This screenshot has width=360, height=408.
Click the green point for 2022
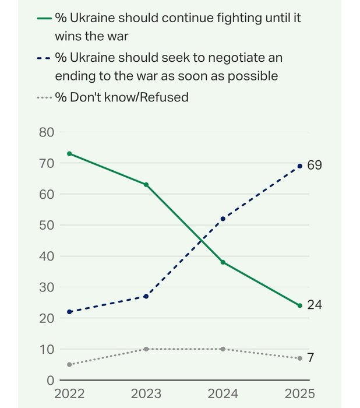(69, 153)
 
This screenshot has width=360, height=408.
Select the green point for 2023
(146, 184)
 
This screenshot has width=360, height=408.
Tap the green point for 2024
(223, 262)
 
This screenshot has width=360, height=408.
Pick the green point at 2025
(300, 305)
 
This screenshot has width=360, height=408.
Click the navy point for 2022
(69, 312)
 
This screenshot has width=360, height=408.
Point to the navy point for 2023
(146, 296)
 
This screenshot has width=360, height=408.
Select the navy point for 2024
(223, 219)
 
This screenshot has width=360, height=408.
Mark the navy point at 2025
(300, 166)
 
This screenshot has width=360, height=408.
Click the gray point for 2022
(69, 364)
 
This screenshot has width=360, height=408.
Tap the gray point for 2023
(146, 349)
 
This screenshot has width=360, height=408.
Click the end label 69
(315, 166)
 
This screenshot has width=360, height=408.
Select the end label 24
(315, 305)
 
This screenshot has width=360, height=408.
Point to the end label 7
(310, 358)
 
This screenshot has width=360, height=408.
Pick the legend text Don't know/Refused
(129, 97)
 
